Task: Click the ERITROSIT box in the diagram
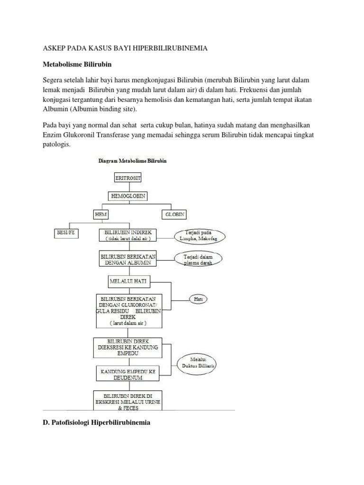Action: point(128,178)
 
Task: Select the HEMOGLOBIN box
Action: point(128,196)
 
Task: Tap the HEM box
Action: point(101,214)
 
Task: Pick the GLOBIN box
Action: point(174,214)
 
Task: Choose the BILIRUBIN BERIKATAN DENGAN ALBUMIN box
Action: point(128,259)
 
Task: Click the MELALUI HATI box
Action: point(128,281)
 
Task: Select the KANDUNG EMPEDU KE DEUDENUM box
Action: point(128,374)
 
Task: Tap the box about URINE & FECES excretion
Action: point(128,400)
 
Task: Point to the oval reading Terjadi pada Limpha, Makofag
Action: point(199,236)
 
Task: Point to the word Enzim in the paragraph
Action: point(53,135)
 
